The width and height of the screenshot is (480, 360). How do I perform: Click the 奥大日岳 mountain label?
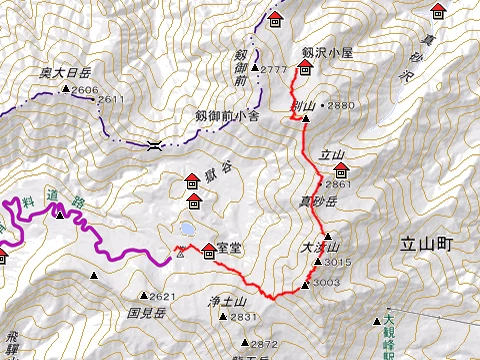[x=66, y=73]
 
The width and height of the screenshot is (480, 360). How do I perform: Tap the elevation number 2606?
[x=84, y=90]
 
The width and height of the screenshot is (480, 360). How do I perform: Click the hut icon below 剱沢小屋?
[x=305, y=68]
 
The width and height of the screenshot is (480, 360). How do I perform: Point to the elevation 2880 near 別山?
[x=340, y=105]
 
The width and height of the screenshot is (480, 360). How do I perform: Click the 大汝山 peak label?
[x=320, y=247]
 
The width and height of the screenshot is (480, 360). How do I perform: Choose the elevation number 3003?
[x=326, y=283]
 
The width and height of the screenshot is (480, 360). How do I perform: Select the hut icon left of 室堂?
[x=208, y=250]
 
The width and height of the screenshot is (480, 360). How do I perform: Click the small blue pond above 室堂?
[x=187, y=230]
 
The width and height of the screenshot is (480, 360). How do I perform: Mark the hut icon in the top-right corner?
[x=437, y=12]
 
